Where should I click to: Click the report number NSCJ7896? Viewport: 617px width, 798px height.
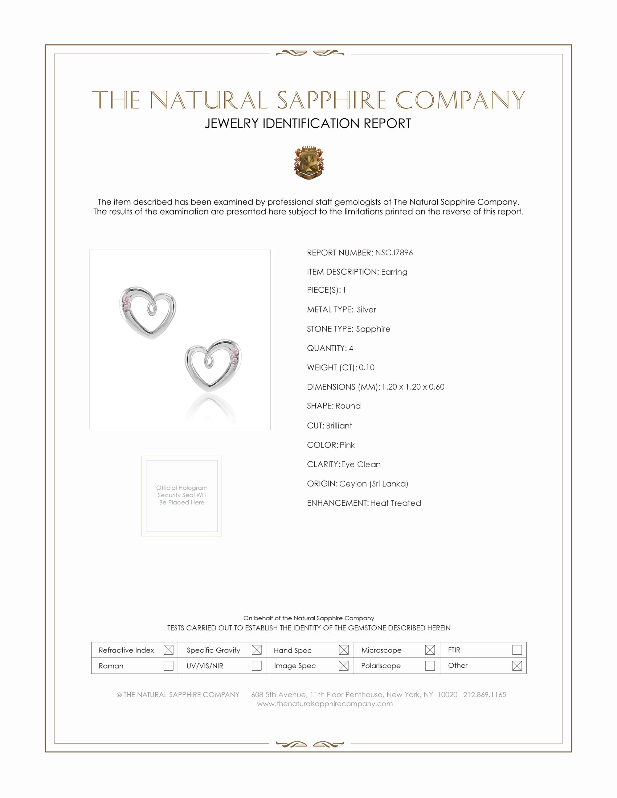pyautogui.click(x=394, y=252)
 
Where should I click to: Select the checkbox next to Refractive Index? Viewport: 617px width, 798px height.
pyautogui.click(x=168, y=650)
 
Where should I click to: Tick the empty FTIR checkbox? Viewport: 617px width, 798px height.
pyautogui.click(x=516, y=650)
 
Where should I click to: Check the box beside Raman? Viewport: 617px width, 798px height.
pyautogui.click(x=168, y=665)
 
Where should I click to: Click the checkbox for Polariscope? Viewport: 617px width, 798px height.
pyautogui.click(x=430, y=665)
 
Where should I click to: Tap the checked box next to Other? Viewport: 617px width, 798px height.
pyautogui.click(x=516, y=665)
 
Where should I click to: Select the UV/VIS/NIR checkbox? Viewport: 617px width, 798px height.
pyautogui.click(x=257, y=665)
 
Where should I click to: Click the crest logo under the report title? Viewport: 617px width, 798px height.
pyautogui.click(x=308, y=163)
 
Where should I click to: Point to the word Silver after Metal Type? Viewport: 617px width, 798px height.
pyautogui.click(x=366, y=309)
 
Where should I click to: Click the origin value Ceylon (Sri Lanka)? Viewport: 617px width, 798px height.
pyautogui.click(x=373, y=484)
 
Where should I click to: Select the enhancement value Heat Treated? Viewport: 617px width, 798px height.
pyautogui.click(x=396, y=503)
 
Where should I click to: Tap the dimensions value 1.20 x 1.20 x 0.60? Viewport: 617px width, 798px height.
pyautogui.click(x=413, y=387)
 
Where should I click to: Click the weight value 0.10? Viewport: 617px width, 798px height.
pyautogui.click(x=367, y=367)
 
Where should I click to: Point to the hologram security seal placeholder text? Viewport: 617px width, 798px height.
pyautogui.click(x=182, y=495)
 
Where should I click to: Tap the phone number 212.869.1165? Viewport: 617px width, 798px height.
pyautogui.click(x=484, y=694)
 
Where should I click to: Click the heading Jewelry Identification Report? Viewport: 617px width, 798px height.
pyautogui.click(x=308, y=123)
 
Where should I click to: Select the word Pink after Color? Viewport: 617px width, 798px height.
pyautogui.click(x=347, y=445)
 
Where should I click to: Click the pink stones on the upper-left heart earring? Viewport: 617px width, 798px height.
pyautogui.click(x=126, y=304)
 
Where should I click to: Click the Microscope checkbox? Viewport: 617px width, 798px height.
pyautogui.click(x=430, y=650)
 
